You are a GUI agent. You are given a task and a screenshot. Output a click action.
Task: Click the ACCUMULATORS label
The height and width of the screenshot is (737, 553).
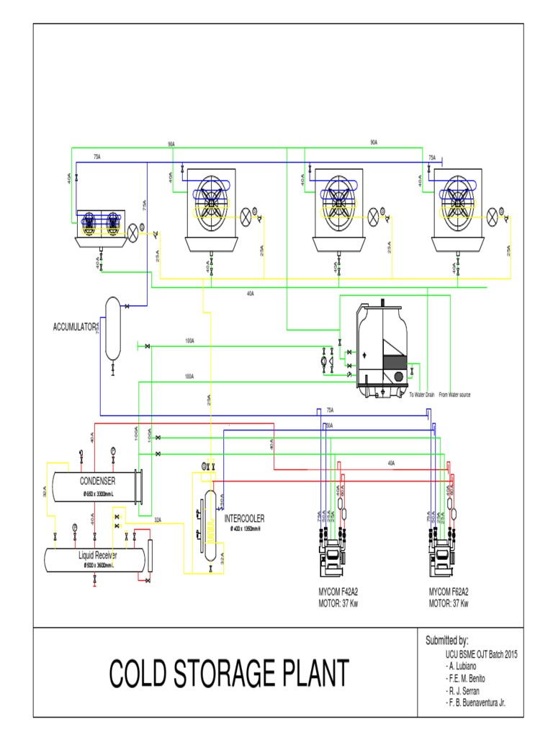click(x=76, y=327)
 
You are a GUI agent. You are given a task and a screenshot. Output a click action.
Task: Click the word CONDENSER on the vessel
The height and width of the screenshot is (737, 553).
click(x=97, y=481)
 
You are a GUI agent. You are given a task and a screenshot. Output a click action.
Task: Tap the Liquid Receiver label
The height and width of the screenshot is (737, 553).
click(x=98, y=556)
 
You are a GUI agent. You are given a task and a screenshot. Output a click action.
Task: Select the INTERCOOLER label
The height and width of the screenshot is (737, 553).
click(x=245, y=517)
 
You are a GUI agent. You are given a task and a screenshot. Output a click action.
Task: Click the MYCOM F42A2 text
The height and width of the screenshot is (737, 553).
click(x=338, y=591)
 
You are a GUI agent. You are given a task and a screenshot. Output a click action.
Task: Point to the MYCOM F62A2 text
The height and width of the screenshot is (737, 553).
click(x=449, y=591)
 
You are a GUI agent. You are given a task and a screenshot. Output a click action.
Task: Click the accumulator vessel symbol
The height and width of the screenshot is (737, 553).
click(x=112, y=327)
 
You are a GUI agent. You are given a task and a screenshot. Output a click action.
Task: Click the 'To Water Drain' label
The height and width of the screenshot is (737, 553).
click(x=423, y=395)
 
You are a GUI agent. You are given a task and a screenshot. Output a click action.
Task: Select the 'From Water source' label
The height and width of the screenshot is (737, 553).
click(x=454, y=395)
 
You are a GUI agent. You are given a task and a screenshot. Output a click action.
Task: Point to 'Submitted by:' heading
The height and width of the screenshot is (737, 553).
click(x=447, y=641)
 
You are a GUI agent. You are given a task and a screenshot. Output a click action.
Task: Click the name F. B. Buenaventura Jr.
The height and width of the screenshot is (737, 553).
click(x=476, y=702)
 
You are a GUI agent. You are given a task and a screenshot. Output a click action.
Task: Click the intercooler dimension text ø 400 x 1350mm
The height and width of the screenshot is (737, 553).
click(x=245, y=529)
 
